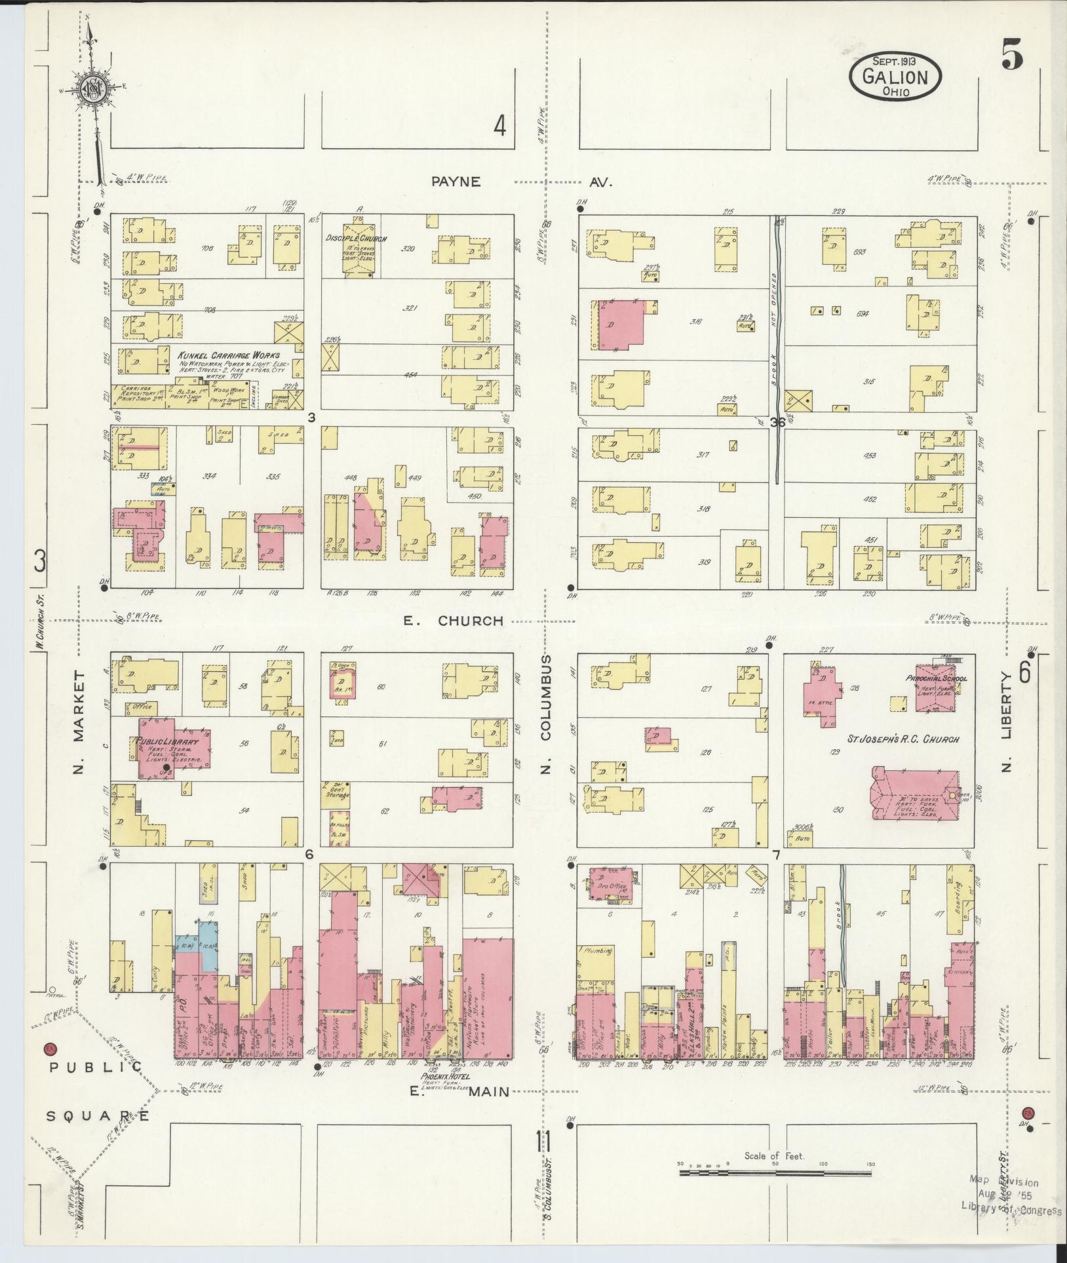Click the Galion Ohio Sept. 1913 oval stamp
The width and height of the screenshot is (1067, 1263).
click(x=895, y=77)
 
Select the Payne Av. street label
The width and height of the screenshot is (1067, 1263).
click(x=521, y=182)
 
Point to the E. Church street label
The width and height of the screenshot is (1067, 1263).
click(x=453, y=621)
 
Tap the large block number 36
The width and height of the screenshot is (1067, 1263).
click(x=777, y=423)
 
